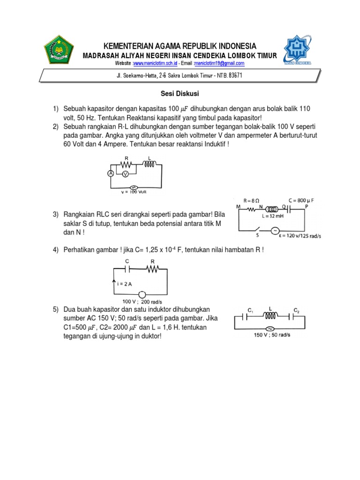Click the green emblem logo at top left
[x=59, y=50]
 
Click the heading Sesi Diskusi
[x=180, y=94]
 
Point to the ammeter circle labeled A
[x=111, y=173]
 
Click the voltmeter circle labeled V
[x=125, y=174]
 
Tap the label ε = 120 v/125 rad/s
[x=303, y=235]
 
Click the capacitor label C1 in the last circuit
[x=250, y=310]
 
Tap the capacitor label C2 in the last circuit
[x=296, y=310]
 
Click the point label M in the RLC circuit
[x=238, y=206]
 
